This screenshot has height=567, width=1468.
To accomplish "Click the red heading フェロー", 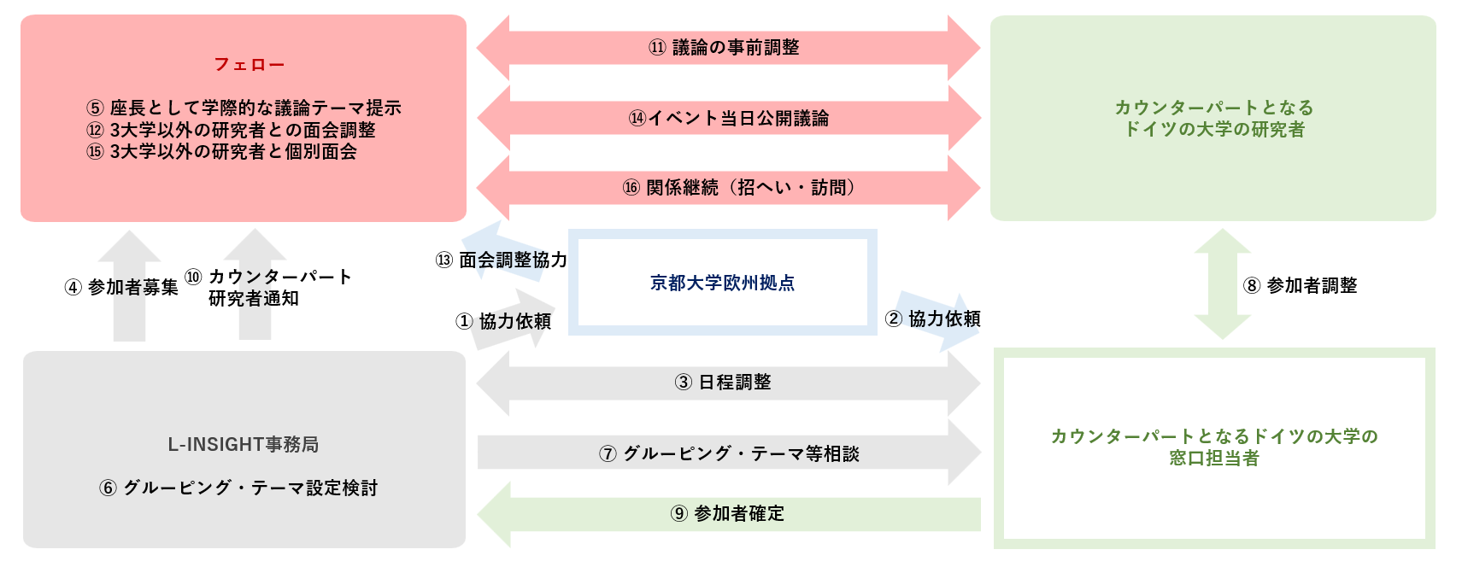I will tap(249, 65).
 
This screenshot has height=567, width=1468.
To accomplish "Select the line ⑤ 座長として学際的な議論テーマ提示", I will tap(244, 108).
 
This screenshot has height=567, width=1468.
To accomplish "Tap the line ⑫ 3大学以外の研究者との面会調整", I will tap(231, 130).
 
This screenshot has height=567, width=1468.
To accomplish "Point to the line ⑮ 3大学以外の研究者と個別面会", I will tap(221, 152).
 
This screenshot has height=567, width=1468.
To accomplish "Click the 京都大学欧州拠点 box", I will tap(722, 283).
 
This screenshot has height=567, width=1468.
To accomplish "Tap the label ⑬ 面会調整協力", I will tap(502, 260).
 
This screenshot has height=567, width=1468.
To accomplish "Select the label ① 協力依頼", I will tap(503, 321).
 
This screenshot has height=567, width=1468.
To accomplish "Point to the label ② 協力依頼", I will tap(932, 319).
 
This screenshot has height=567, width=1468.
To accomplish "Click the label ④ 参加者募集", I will tap(121, 287).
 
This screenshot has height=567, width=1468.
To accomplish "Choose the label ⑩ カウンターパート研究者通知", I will tap(268, 288).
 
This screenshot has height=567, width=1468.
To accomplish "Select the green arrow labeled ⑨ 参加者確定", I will tap(727, 514).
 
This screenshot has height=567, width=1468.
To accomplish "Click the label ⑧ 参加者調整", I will tap(1300, 285).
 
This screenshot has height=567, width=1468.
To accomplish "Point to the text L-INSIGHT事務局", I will tap(244, 445).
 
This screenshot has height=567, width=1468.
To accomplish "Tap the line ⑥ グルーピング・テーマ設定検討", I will tap(238, 488).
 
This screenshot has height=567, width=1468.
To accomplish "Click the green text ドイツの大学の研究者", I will tap(1213, 130).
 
